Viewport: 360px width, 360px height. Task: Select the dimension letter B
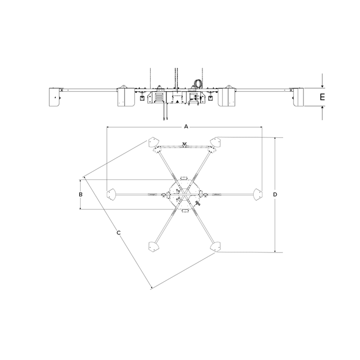click(x=80, y=194)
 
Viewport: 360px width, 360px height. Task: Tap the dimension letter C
click(x=118, y=233)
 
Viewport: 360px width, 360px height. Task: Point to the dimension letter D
click(x=275, y=194)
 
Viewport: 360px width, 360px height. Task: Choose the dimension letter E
click(x=322, y=97)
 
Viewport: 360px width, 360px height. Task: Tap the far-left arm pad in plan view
click(x=110, y=194)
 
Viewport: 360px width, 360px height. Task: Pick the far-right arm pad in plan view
click(x=257, y=194)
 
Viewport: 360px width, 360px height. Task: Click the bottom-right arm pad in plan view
click(x=216, y=246)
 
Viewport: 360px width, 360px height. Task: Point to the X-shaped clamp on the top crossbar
click(x=184, y=145)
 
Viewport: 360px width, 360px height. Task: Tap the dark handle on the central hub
click(x=198, y=203)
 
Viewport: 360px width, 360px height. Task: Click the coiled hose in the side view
click(x=198, y=83)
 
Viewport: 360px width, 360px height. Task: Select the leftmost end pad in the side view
click(x=55, y=97)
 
